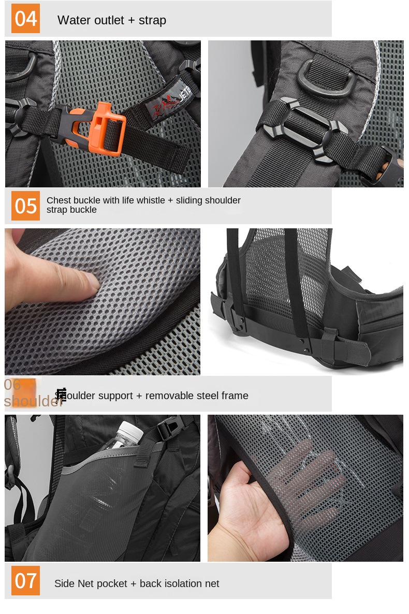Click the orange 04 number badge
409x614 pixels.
pos(25,19)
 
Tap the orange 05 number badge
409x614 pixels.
pos(25,206)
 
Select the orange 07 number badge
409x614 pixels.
pos(25,580)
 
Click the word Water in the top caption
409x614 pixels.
pos(72,20)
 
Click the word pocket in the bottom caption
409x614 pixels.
pos(111,583)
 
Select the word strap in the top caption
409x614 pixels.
pos(152,20)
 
